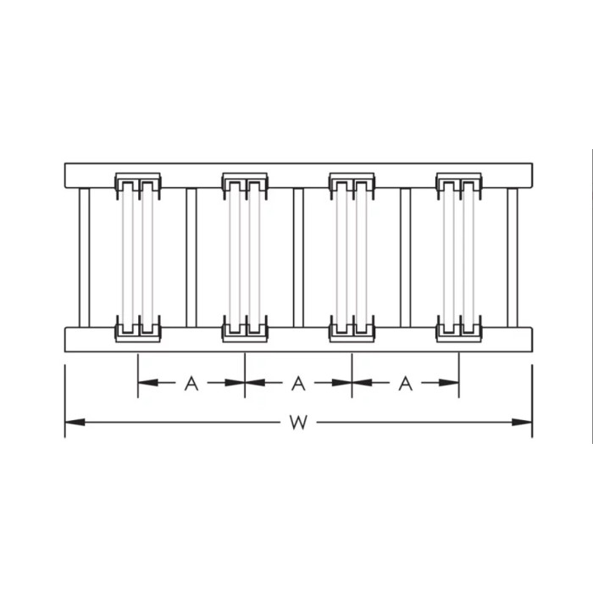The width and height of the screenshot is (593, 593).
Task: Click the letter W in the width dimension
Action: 297,422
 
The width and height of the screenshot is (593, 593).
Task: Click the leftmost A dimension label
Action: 191,383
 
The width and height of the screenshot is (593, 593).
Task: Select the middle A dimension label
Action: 298,383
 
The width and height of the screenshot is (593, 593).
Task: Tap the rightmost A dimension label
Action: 405,383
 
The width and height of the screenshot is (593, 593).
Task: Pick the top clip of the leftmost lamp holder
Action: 138,184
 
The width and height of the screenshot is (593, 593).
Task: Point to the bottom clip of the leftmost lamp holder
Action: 138,329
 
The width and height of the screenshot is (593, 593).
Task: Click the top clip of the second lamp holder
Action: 245,184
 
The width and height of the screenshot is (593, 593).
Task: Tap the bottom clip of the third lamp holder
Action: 352,329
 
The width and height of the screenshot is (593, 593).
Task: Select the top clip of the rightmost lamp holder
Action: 458,184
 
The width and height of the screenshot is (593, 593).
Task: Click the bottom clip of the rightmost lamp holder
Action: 458,329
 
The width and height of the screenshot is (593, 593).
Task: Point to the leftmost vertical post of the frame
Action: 84,257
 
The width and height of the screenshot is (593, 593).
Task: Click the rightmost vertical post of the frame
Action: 513,257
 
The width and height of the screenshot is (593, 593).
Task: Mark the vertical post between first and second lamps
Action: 191,257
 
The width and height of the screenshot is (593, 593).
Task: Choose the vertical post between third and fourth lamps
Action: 405,257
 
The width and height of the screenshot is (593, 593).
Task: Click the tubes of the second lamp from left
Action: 245,257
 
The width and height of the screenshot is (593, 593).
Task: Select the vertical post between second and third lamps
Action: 298,257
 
